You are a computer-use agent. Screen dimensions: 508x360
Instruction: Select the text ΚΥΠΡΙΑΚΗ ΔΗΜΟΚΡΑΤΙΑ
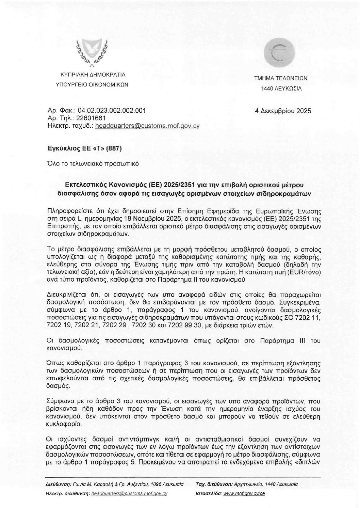[x=92, y=74]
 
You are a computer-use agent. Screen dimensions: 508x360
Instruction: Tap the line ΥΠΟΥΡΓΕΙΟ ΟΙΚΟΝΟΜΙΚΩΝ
[x=92, y=84]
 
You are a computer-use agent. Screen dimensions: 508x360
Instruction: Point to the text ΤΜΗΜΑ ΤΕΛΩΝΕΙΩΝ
[x=281, y=78]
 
